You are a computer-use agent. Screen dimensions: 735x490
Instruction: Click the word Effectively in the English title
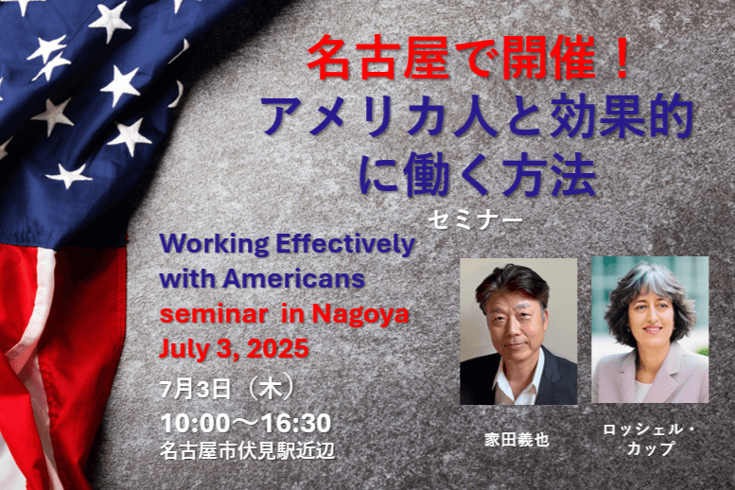tap(345, 244)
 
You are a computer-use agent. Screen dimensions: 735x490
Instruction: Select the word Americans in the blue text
tap(293, 279)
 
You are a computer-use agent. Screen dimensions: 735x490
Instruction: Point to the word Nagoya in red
tap(360, 315)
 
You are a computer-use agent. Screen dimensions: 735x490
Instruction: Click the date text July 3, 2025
tap(235, 348)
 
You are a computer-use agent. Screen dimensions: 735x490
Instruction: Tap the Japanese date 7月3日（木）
tap(227, 389)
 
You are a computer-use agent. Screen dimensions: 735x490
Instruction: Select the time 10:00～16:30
tap(246, 423)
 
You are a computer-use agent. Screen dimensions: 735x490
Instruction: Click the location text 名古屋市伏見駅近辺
tap(247, 451)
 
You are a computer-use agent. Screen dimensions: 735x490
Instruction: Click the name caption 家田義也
tap(516, 440)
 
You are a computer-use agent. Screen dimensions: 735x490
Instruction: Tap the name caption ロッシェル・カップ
tap(650, 439)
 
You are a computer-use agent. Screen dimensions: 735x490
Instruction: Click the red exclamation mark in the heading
tap(622, 60)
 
